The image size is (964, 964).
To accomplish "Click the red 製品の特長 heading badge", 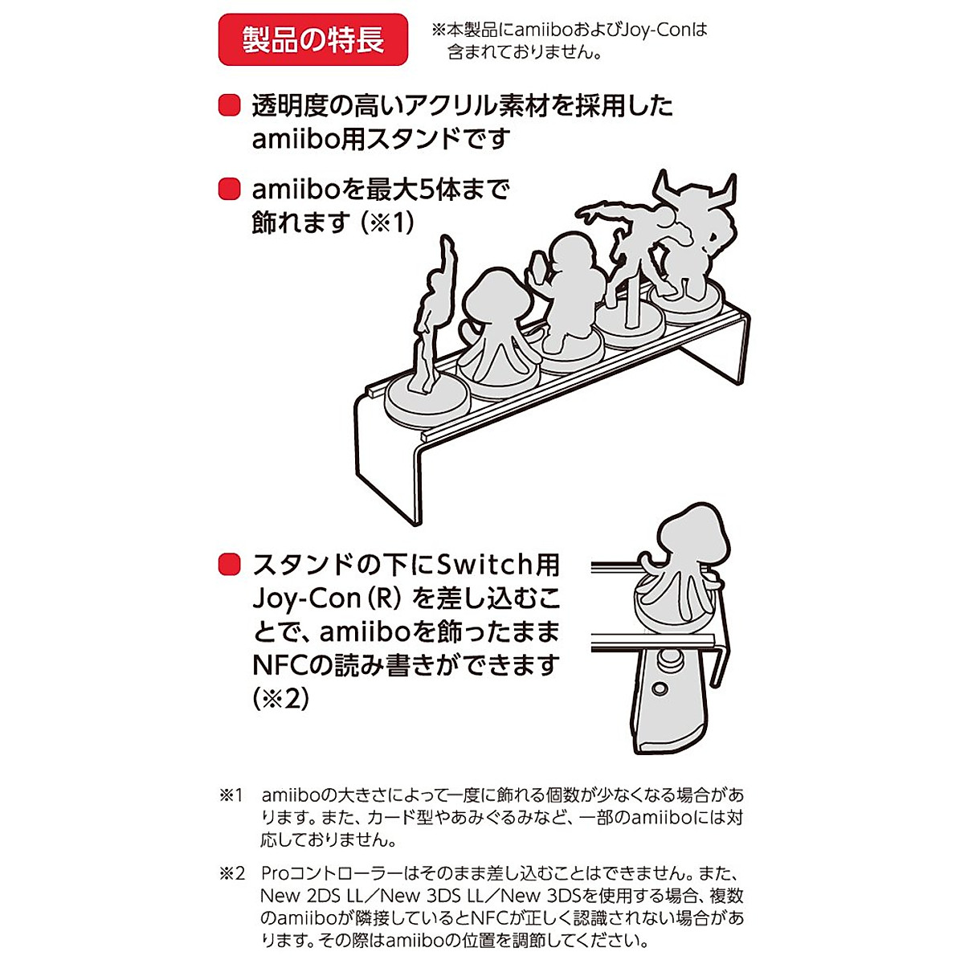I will [x=312, y=40].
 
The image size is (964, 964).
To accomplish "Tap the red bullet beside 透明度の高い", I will [x=230, y=106].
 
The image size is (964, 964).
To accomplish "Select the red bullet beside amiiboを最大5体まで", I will [x=230, y=190].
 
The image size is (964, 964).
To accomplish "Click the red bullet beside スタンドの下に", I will [x=230, y=565].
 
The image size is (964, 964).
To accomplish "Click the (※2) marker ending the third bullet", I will [x=280, y=698].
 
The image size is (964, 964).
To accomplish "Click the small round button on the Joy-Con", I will [x=660, y=689].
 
